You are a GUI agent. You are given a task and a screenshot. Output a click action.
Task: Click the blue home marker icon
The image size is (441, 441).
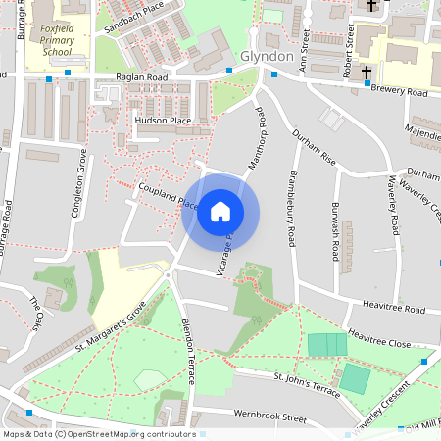220,212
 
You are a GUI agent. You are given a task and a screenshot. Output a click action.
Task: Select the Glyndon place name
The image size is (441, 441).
267,57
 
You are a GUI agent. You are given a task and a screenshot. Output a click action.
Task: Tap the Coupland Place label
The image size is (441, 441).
169,195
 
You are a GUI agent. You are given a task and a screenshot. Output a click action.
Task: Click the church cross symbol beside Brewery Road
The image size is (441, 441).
367,73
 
